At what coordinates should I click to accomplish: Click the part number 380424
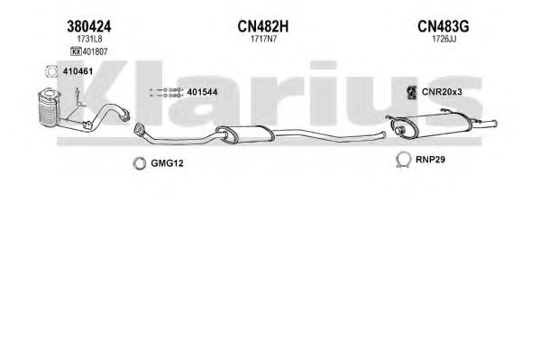[x=89, y=26]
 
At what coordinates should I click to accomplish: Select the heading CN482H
[x=263, y=26]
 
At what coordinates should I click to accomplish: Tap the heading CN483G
[x=444, y=26]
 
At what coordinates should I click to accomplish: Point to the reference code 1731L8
[x=89, y=39]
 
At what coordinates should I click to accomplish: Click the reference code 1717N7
[x=263, y=39]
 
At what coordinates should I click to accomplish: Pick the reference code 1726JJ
[x=444, y=39]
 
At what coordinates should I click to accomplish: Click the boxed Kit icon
[x=76, y=51]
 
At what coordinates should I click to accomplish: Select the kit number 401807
[x=95, y=51]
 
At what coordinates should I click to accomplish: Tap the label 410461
[x=78, y=71]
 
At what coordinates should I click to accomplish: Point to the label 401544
[x=202, y=92]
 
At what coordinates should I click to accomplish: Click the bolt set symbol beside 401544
[x=166, y=92]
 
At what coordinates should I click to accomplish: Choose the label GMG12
[x=167, y=163]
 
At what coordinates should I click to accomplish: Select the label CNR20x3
[x=442, y=92]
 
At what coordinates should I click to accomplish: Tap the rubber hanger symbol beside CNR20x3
[x=412, y=92]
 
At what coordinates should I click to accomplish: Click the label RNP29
[x=430, y=160]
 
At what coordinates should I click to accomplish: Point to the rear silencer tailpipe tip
[x=494, y=124]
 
